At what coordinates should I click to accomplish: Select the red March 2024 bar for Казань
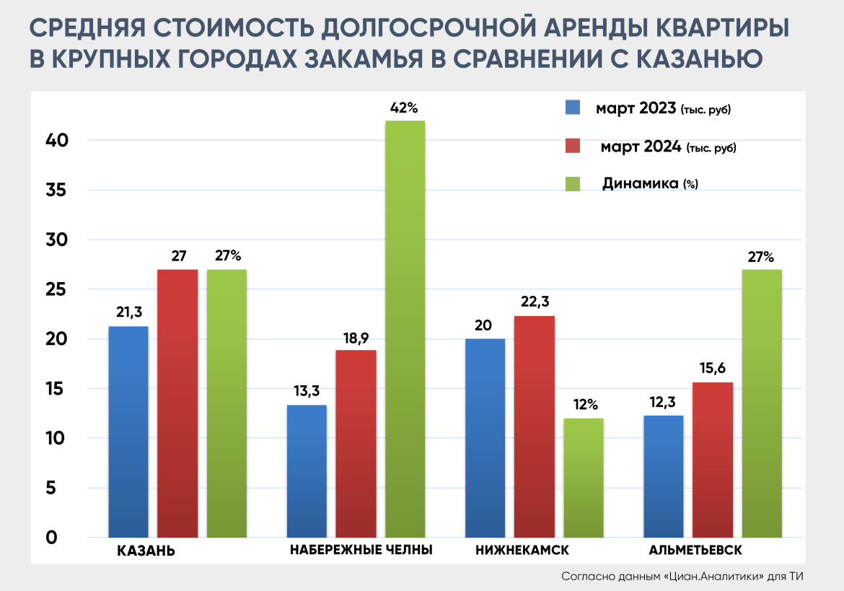[x=177, y=403]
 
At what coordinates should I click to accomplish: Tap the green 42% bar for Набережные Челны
[x=405, y=329]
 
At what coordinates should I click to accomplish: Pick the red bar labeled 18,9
[x=356, y=444]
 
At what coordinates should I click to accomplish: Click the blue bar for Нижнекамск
[x=485, y=438]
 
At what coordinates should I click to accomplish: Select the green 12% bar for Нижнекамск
[x=584, y=478]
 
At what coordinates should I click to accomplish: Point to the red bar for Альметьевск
[x=713, y=460]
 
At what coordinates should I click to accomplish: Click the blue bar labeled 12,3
[x=663, y=476]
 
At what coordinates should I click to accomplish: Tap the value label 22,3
[x=535, y=302]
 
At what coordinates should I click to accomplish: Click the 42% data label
[x=404, y=108]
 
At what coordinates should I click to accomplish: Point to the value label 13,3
[x=307, y=391]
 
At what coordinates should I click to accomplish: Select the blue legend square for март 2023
[x=573, y=108]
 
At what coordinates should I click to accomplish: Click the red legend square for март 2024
[x=573, y=146]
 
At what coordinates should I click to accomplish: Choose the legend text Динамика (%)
[x=650, y=184]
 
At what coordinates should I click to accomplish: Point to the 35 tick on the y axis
[x=57, y=191]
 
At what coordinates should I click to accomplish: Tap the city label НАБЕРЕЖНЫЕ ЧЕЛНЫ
[x=361, y=550]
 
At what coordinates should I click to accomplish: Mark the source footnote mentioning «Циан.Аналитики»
[x=682, y=577]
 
